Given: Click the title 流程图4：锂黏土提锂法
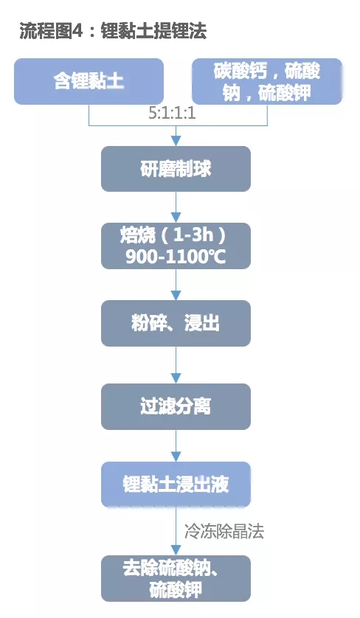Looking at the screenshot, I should pyautogui.click(x=113, y=30).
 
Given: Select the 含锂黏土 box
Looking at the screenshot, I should pyautogui.click(x=89, y=81).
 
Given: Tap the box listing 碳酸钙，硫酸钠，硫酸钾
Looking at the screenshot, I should pyautogui.click(x=267, y=81).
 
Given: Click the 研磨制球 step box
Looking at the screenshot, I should pyautogui.click(x=176, y=169).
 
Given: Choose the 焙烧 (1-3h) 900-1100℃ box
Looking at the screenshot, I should pyautogui.click(x=176, y=246).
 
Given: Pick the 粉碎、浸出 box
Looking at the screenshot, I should pyautogui.click(x=176, y=323).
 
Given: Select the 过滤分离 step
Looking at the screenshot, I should pyautogui.click(x=176, y=406).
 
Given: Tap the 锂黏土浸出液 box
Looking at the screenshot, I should pyautogui.click(x=176, y=485).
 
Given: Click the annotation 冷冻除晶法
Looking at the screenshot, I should pyautogui.click(x=224, y=531).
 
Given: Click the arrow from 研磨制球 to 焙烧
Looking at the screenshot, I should pyautogui.click(x=176, y=206).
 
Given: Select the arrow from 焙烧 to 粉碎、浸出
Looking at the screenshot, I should pyautogui.click(x=176, y=284).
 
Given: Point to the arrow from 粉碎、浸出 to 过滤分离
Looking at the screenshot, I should pyautogui.click(x=176, y=364).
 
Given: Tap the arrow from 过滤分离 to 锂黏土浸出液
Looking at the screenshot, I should pyautogui.click(x=176, y=445).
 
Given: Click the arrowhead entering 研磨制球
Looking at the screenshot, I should pyautogui.click(x=176, y=141).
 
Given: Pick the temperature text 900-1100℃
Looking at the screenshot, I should pyautogui.click(x=176, y=257).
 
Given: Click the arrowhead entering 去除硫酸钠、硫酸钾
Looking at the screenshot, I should pyautogui.click(x=176, y=550).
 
